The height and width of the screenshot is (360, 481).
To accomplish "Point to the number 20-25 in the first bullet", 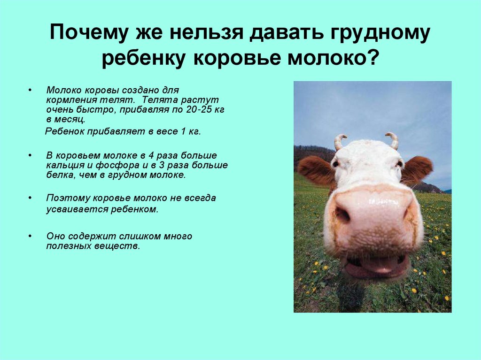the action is tap(199, 109).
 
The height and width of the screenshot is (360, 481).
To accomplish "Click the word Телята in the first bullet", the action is tap(160, 100).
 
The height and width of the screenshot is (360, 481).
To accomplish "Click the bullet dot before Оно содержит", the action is tap(30, 236).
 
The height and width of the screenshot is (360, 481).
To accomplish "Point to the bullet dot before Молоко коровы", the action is tap(30, 90).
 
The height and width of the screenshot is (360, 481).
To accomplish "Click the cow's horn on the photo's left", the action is tap(340, 142).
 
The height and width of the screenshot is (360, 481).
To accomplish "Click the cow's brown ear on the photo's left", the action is tap(315, 169).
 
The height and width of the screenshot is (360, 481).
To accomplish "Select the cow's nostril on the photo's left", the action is tap(342, 214).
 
